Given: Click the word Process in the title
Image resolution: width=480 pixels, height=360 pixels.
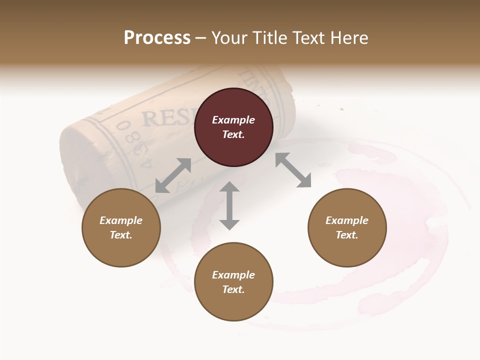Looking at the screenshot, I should click(157, 38).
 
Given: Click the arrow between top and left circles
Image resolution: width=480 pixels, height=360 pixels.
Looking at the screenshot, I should click(173, 175).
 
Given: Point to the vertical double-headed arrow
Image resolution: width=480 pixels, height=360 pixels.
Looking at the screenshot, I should click(229, 205).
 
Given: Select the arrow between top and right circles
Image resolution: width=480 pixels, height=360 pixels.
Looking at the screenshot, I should click(293, 170).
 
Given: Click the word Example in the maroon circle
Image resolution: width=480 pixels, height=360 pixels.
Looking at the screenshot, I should click(233, 120).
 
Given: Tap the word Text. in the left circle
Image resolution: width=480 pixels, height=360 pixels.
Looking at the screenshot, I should click(121, 235).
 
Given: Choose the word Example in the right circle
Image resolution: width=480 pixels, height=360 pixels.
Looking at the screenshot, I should click(347, 220).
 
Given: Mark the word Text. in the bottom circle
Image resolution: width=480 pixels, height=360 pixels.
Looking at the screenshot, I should click(233, 289).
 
